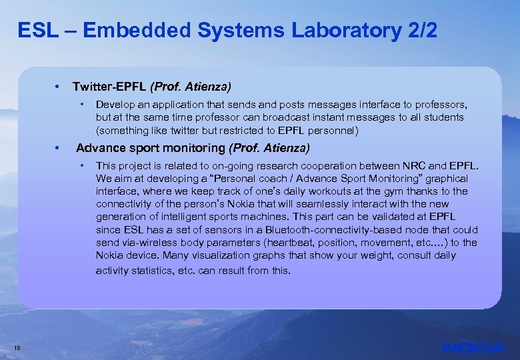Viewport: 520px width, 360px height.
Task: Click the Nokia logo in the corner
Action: coord(473,347)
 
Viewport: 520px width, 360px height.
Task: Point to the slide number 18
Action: coord(17,346)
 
